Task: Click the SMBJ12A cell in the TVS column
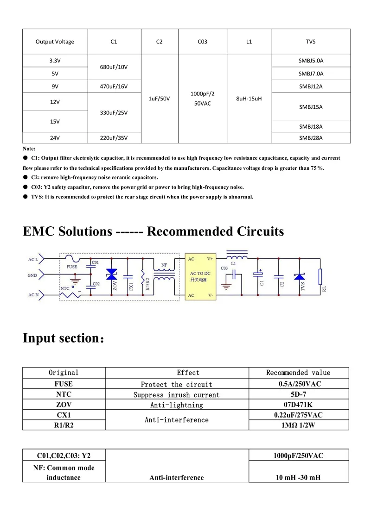(x=311, y=86)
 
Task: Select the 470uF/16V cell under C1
(x=114, y=86)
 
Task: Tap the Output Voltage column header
(x=55, y=42)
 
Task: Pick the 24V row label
(x=55, y=137)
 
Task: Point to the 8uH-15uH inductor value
(x=249, y=99)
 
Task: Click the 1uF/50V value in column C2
(x=159, y=99)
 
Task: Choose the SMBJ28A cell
(x=311, y=137)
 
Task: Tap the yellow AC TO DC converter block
(x=200, y=277)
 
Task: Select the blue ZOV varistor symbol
(x=112, y=274)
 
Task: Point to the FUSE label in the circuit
(x=72, y=267)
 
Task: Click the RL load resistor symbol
(x=320, y=277)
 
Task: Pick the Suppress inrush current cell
(x=176, y=395)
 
